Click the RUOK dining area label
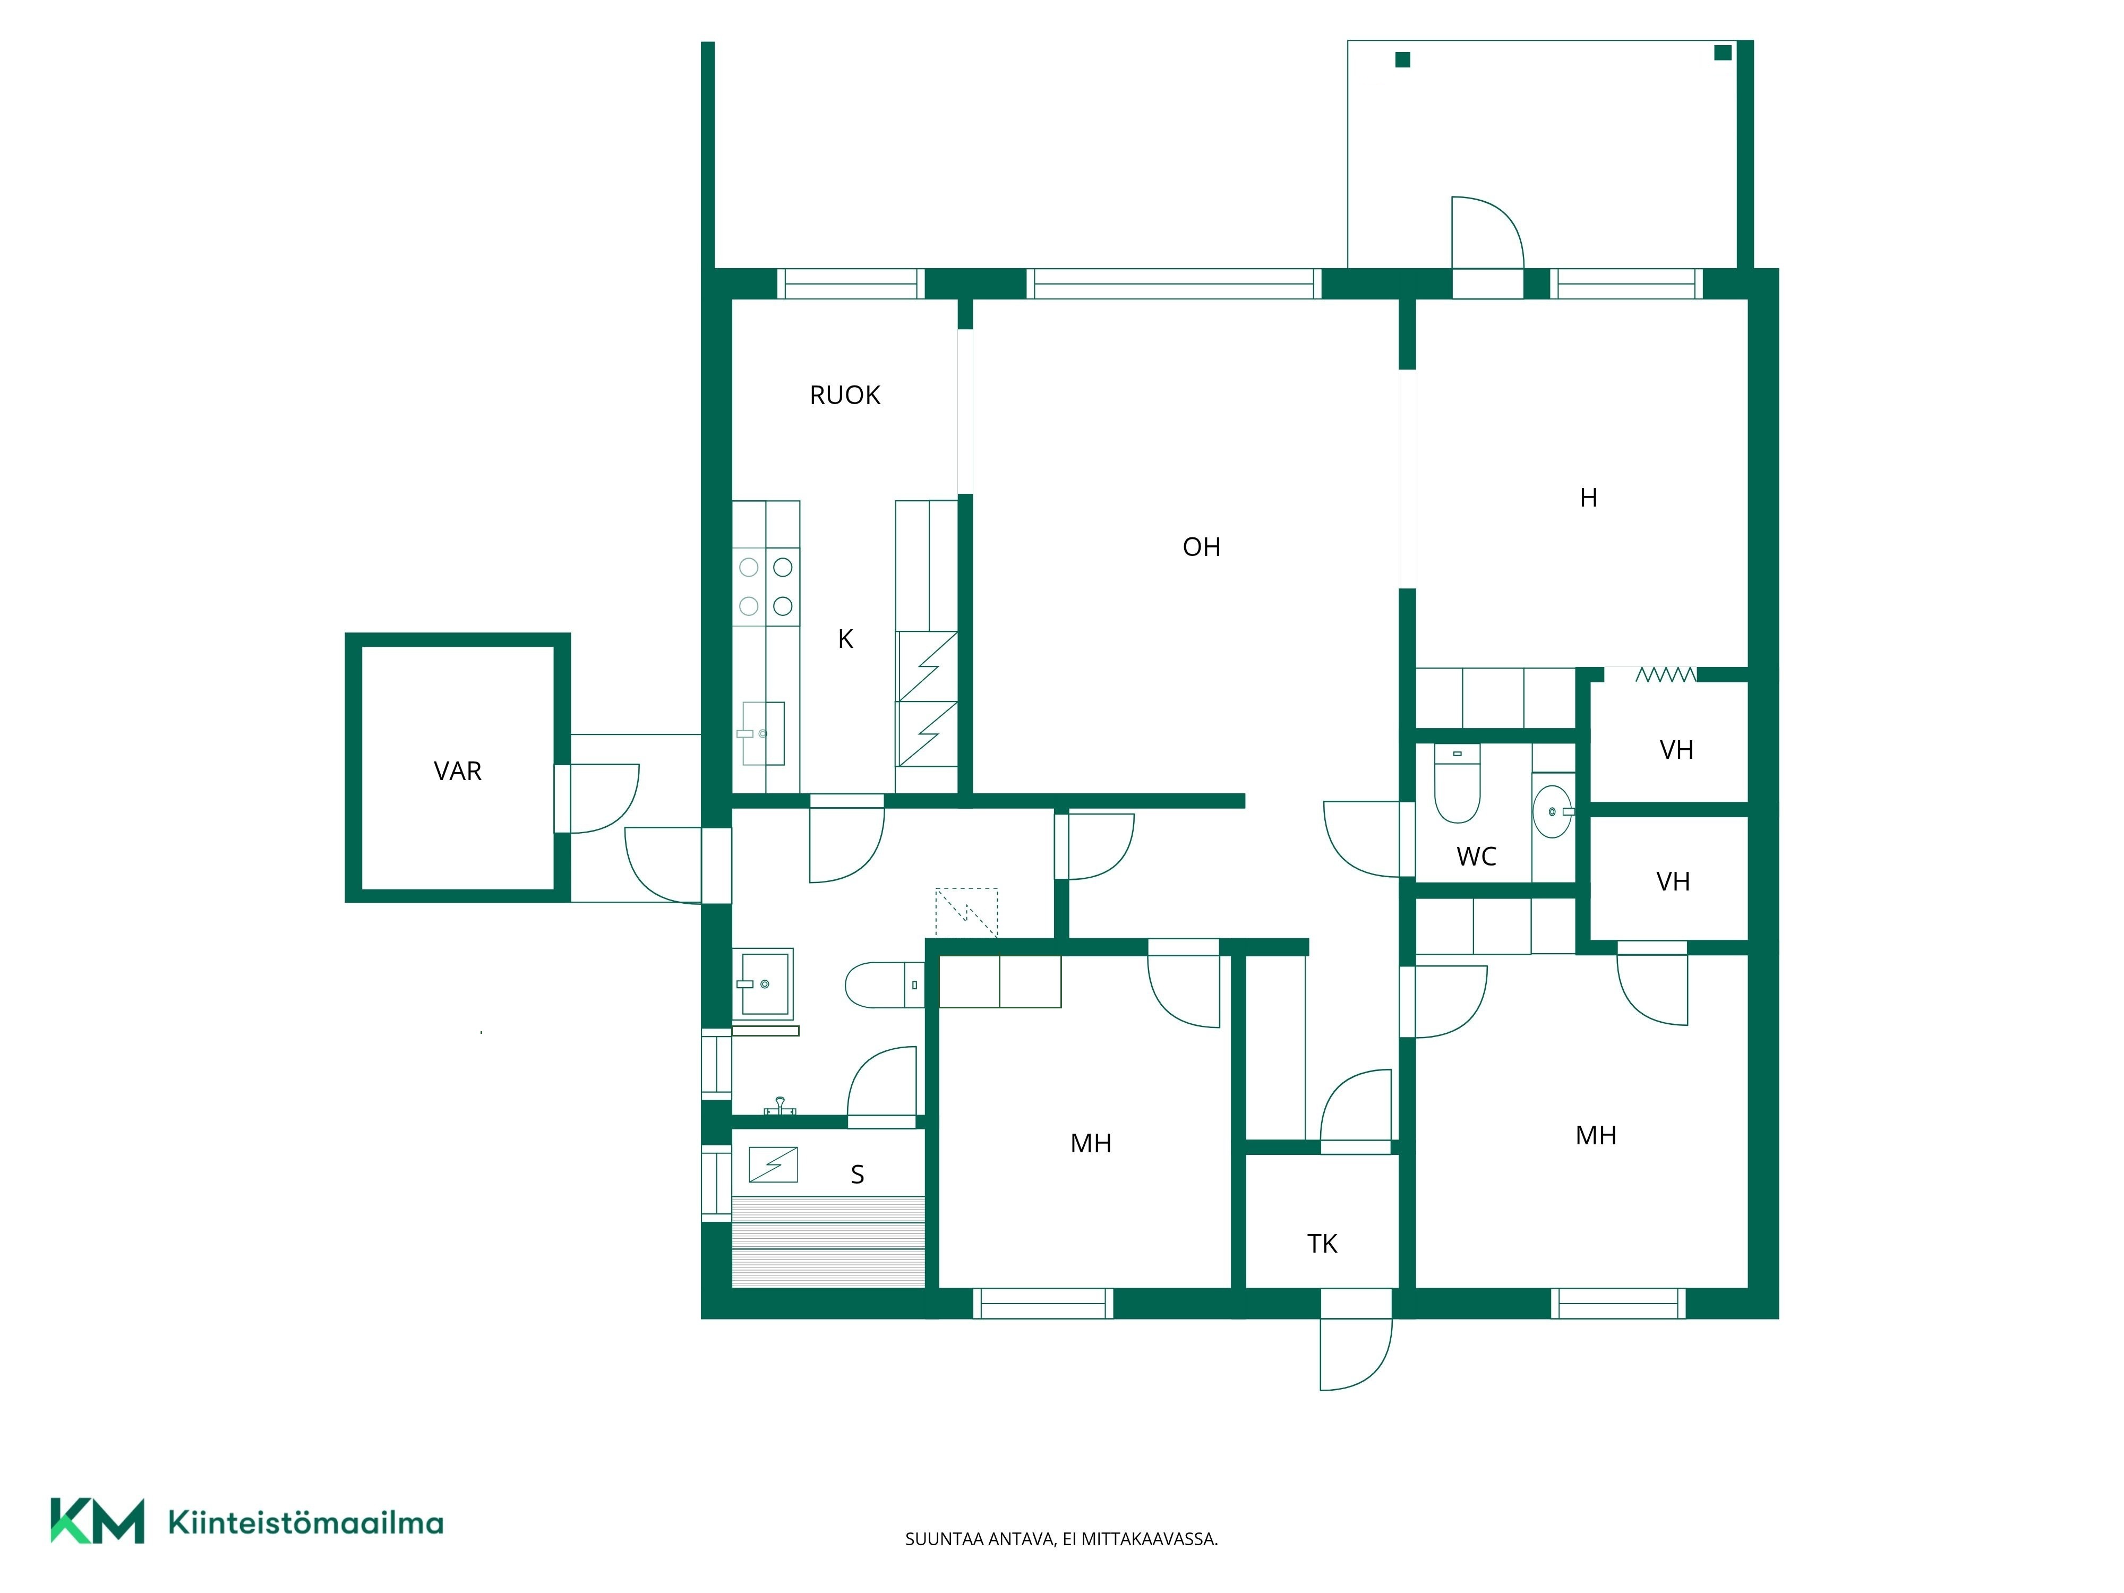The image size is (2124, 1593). [845, 396]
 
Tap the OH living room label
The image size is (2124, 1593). [1201, 547]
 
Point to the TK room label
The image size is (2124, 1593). [1322, 1245]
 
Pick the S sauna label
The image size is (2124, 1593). [858, 1175]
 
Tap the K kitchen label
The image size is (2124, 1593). [845, 639]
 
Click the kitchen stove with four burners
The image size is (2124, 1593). [766, 587]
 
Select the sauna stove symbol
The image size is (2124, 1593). [773, 1164]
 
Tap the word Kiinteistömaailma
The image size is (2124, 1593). [305, 1523]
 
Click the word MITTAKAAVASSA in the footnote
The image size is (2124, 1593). [1150, 1539]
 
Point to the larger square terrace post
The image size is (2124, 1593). [1723, 53]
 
